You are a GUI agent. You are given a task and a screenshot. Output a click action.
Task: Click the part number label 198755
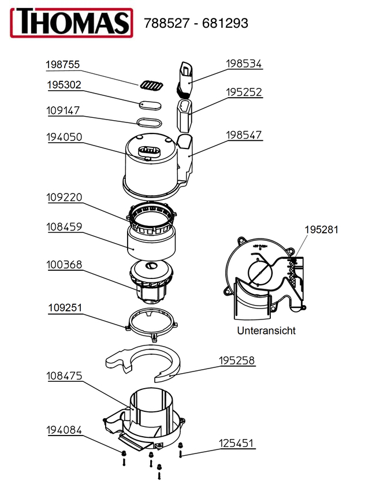[63, 65]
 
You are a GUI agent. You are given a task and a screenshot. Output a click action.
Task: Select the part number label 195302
[64, 85]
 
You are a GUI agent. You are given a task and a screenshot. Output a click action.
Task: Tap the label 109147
[64, 110]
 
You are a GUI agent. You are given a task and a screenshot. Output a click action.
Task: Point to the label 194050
[64, 137]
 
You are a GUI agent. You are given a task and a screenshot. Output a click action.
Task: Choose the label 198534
[244, 64]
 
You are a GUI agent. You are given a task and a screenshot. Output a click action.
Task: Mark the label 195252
[244, 92]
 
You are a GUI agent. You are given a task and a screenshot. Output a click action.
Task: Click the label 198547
[244, 135]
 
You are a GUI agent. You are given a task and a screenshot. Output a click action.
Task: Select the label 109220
[64, 197]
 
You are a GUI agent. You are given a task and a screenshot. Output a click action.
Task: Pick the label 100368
[64, 265]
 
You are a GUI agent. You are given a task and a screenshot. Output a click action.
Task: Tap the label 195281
[322, 229]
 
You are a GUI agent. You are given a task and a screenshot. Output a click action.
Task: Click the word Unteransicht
[266, 331]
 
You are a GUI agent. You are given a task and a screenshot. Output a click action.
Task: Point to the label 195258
[236, 360]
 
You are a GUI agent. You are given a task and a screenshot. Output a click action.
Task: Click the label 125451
[236, 444]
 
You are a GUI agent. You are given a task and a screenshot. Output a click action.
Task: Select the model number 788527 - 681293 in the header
[196, 23]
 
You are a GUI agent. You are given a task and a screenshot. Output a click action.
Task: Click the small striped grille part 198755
[151, 85]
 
